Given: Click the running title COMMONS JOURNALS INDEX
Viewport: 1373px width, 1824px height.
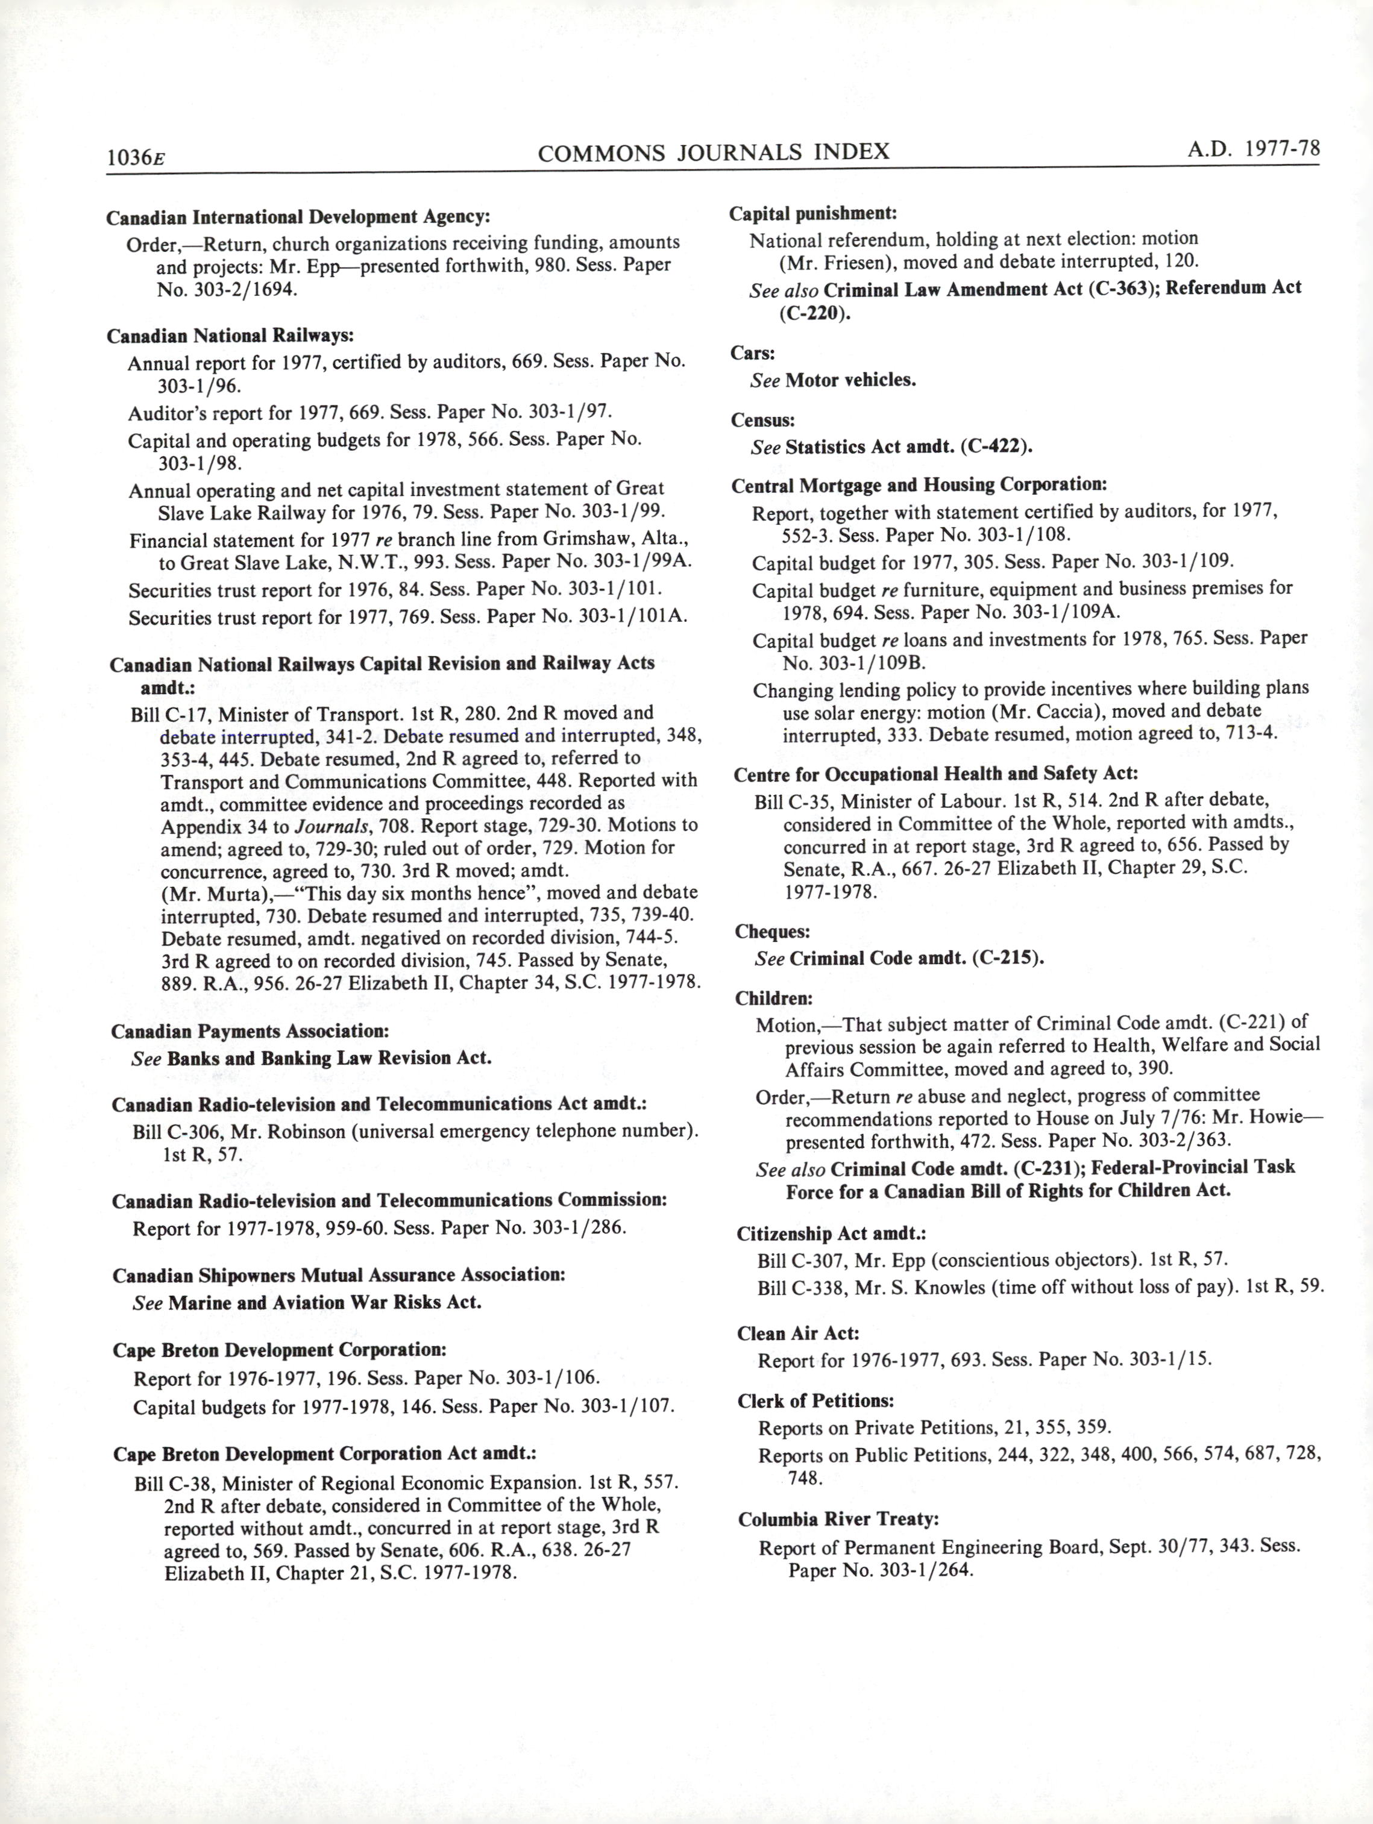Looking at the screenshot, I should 713,152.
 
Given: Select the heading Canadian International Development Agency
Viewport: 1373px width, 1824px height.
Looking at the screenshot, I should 298,217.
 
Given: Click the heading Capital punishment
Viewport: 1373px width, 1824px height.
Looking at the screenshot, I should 813,213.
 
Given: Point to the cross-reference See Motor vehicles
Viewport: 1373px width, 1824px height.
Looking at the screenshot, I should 833,381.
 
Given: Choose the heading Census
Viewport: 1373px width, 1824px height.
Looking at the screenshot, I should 763,420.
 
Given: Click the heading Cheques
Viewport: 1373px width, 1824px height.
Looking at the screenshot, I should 773,932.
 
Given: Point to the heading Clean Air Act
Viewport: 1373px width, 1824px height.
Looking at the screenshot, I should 798,1334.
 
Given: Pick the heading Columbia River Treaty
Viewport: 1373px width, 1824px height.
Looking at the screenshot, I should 838,1519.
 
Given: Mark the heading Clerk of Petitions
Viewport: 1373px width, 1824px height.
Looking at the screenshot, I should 815,1400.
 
